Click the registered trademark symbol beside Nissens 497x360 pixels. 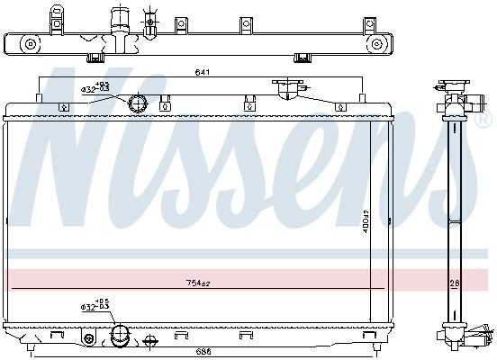click(x=485, y=119)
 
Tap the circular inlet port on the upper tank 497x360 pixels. click(x=138, y=103)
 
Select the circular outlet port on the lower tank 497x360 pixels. click(x=119, y=337)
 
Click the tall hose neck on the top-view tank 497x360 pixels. click(x=116, y=20)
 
